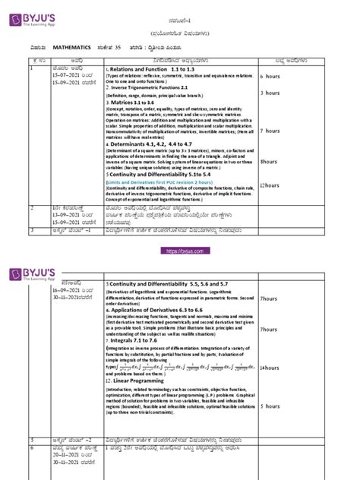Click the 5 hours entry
tap(292, 406)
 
